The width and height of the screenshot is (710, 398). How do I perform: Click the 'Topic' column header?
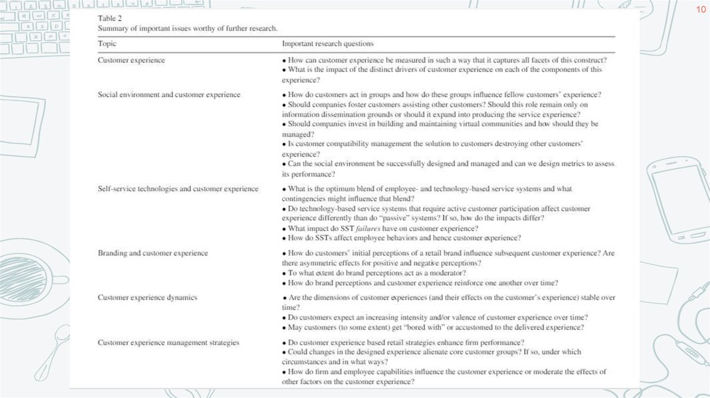click(107, 44)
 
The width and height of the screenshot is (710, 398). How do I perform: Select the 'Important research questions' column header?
click(327, 44)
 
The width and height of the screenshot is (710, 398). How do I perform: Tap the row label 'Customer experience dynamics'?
click(147, 297)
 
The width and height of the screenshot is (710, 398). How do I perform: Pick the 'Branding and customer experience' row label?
click(153, 253)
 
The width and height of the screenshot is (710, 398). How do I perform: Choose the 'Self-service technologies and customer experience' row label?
click(177, 189)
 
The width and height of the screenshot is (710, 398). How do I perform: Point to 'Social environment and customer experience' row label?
click(168, 94)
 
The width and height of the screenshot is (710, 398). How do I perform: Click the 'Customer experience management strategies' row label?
click(168, 343)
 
